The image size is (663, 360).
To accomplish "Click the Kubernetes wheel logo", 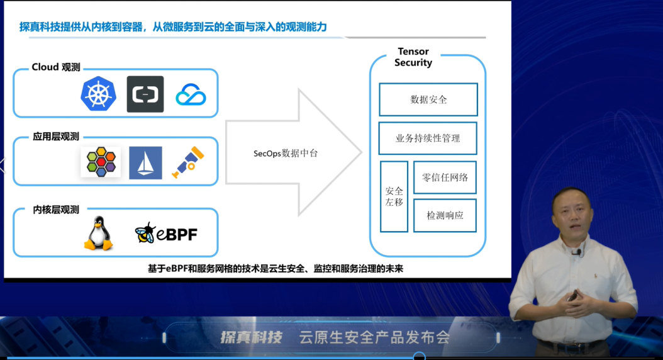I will pyautogui.click(x=98, y=94).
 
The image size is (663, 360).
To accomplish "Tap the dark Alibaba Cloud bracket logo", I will pyautogui.click(x=145, y=94).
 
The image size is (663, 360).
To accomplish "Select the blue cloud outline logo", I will pyautogui.click(x=191, y=95).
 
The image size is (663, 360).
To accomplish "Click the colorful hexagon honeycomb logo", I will pyautogui.click(x=101, y=162).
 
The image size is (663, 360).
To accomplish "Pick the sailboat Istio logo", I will pyautogui.click(x=145, y=162).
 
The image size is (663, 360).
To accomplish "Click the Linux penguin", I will pyautogui.click(x=98, y=233).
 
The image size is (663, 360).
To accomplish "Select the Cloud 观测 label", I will pyautogui.click(x=56, y=67).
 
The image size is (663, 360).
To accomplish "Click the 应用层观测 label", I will pyautogui.click(x=56, y=136).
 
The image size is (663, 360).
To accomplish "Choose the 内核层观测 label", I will pyautogui.click(x=56, y=210).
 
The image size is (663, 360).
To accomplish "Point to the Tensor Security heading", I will pyautogui.click(x=413, y=57).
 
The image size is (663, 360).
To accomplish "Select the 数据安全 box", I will pyautogui.click(x=428, y=99).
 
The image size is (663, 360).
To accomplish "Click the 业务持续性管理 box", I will pyautogui.click(x=428, y=138).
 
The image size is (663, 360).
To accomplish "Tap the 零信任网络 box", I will pyautogui.click(x=445, y=177).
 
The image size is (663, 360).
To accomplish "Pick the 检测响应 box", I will pyautogui.click(x=445, y=215).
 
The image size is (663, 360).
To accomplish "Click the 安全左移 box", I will pyautogui.click(x=394, y=196).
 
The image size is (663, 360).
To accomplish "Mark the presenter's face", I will pyautogui.click(x=572, y=214).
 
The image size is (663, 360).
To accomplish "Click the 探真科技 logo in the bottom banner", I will pyautogui.click(x=250, y=337).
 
